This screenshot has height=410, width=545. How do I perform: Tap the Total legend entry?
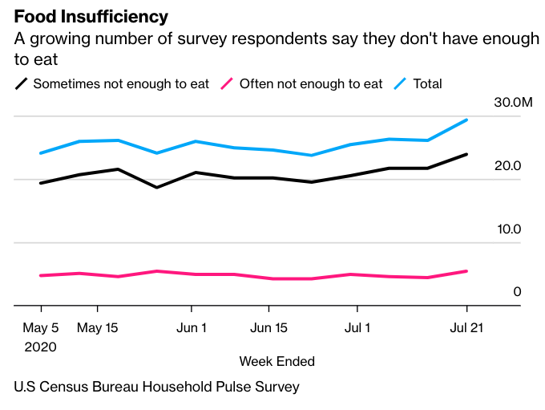[427, 83]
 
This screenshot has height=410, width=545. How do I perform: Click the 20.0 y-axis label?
[507, 166]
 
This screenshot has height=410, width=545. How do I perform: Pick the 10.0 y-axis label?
[507, 229]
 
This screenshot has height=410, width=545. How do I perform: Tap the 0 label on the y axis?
[517, 292]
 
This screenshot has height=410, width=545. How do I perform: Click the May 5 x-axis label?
[40, 327]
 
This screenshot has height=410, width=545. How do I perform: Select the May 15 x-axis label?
[98, 327]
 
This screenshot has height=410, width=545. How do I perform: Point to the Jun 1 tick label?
[192, 327]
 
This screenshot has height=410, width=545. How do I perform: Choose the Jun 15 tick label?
[269, 327]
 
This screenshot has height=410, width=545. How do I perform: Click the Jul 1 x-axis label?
[357, 327]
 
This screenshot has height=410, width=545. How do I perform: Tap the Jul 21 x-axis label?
[466, 327]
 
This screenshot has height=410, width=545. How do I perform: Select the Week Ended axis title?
[277, 361]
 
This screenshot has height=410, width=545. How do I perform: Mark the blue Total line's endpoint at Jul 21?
[466, 120]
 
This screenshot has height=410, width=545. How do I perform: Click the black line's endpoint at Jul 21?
[466, 154]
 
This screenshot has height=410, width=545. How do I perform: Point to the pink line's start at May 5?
[40, 275]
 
